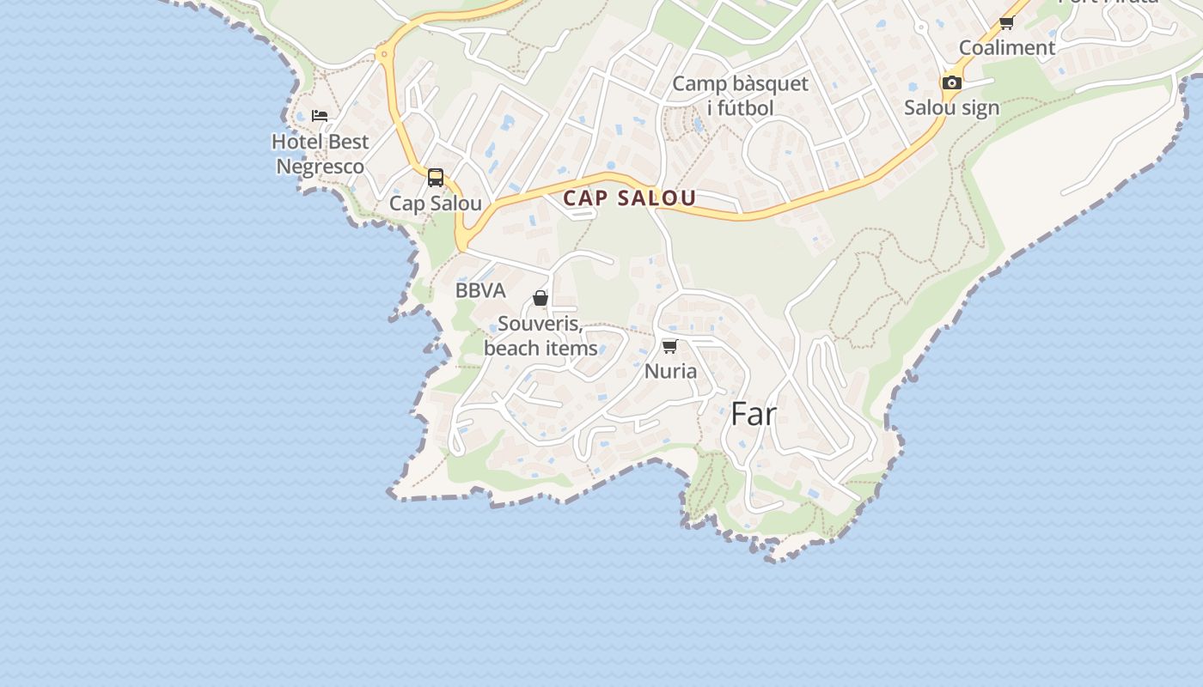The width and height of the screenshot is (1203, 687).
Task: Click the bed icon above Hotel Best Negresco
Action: (320, 115)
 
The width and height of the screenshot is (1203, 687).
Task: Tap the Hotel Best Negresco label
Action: (320, 154)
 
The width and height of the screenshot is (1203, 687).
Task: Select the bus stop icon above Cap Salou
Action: (436, 178)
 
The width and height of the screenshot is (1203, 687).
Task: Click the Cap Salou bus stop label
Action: (436, 204)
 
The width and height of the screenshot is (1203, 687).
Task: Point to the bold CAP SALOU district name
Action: (630, 198)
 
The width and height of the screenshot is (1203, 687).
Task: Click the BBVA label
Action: (480, 290)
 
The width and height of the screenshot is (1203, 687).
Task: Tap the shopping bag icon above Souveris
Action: (540, 298)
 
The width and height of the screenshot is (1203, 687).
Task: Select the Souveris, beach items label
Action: (540, 336)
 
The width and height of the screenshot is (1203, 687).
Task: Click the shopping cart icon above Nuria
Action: (670, 346)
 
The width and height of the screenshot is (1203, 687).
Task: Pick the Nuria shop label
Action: (670, 371)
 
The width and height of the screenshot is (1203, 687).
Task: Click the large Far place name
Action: (754, 415)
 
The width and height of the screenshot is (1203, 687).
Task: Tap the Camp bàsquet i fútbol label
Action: (740, 95)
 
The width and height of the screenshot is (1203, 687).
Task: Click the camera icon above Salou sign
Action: (952, 82)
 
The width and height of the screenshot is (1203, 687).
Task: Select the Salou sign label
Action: (952, 107)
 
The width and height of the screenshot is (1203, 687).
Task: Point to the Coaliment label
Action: (1007, 47)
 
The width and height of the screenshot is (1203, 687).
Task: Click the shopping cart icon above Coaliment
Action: (1007, 22)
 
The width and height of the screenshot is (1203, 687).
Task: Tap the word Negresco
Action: (320, 167)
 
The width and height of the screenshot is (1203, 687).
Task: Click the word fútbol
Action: (740, 108)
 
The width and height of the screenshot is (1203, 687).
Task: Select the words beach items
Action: (540, 349)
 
